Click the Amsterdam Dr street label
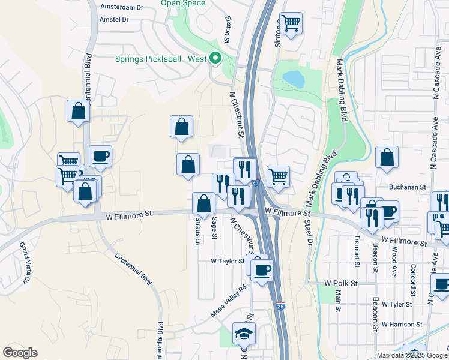(x=122, y=8)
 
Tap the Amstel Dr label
(x=113, y=19)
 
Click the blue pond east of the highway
(x=293, y=79)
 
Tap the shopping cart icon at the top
(x=291, y=23)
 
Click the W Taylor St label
(x=228, y=261)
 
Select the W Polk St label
(x=340, y=283)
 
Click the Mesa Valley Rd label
(x=229, y=302)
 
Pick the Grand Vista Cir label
(x=25, y=263)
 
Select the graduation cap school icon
(x=243, y=334)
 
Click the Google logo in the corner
(x=20, y=353)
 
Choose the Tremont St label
(x=357, y=251)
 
